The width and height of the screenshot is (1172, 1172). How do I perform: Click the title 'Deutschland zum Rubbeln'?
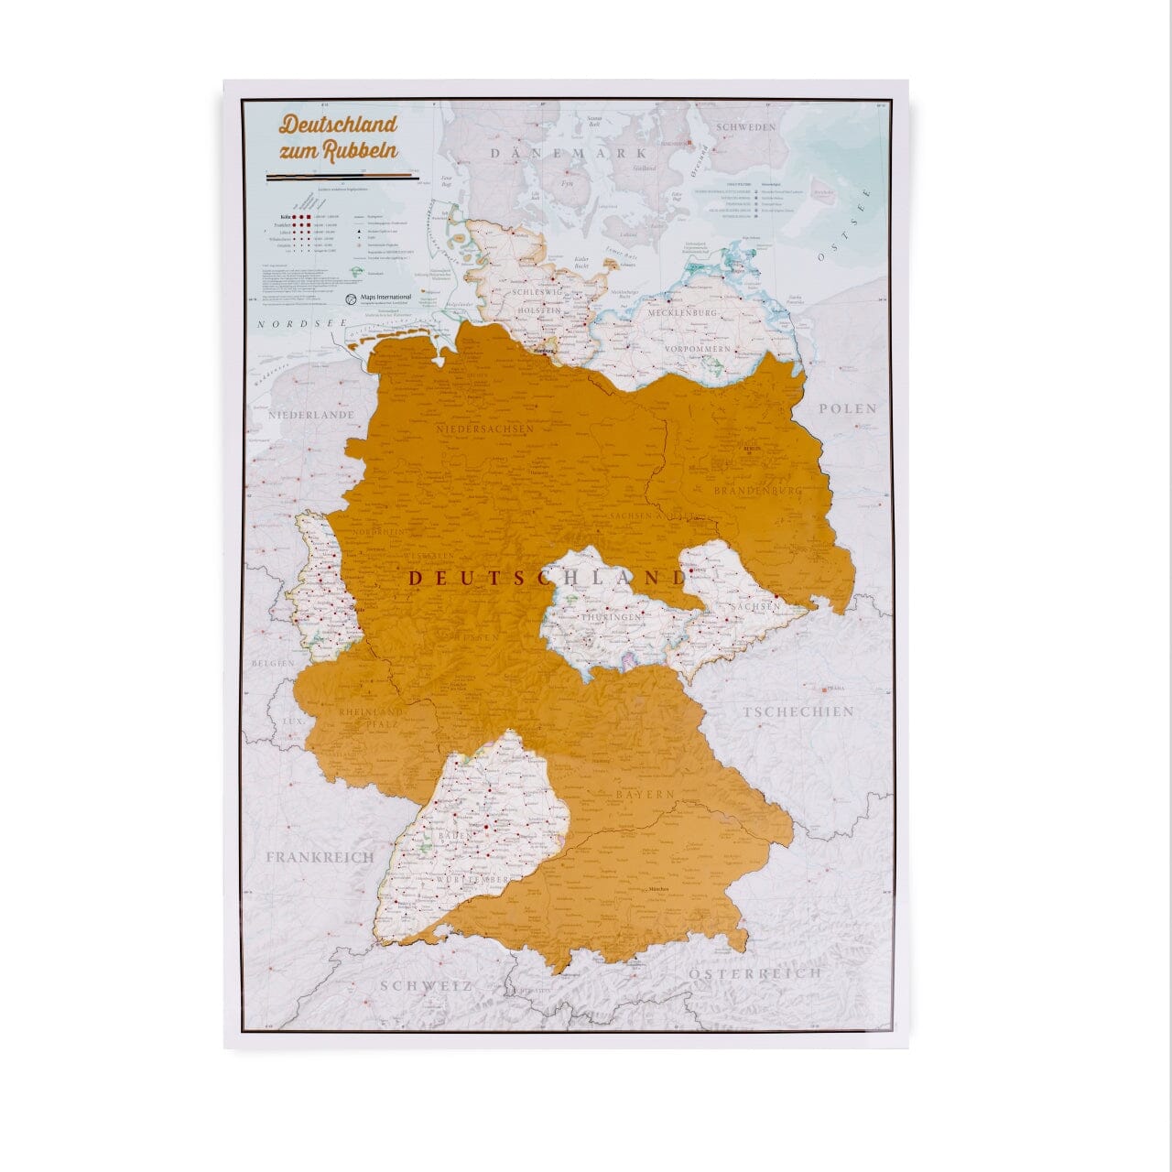click(338, 136)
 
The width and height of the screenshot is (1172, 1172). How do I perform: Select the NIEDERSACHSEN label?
click(484, 428)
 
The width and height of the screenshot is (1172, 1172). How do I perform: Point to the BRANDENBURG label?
click(759, 492)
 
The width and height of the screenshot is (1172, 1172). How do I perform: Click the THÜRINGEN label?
click(611, 618)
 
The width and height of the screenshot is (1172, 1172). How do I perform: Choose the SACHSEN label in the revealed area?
click(755, 606)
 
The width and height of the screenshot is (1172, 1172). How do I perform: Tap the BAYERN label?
click(645, 794)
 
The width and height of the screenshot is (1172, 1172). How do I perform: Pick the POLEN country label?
click(847, 408)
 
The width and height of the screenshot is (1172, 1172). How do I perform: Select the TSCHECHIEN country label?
click(798, 711)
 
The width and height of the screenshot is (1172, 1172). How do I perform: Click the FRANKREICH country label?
click(320, 857)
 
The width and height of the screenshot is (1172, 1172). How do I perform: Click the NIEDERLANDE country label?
click(310, 415)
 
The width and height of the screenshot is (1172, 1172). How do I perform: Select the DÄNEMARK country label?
click(568, 153)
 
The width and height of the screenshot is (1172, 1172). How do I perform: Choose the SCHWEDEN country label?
click(745, 128)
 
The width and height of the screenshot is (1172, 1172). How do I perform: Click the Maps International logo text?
click(384, 298)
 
